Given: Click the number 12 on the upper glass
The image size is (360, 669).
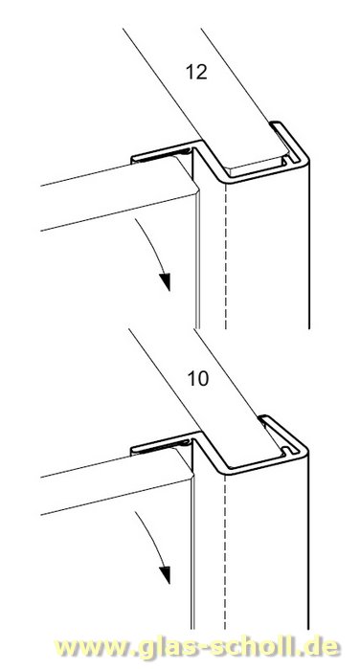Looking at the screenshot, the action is (x=196, y=71).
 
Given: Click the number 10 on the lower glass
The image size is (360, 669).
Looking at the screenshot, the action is (x=196, y=377).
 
